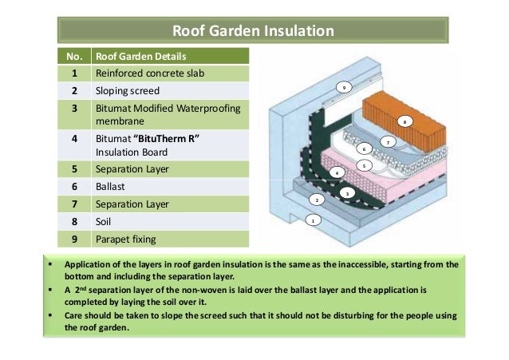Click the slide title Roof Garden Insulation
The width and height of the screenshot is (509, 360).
pyautogui.click(x=254, y=32)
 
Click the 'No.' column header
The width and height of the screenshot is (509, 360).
pyautogui.click(x=69, y=57)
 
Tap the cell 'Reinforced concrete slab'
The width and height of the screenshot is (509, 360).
pyautogui.click(x=143, y=73)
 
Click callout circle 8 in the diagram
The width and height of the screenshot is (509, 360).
pyautogui.click(x=405, y=122)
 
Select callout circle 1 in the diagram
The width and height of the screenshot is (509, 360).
pyautogui.click(x=314, y=220)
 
